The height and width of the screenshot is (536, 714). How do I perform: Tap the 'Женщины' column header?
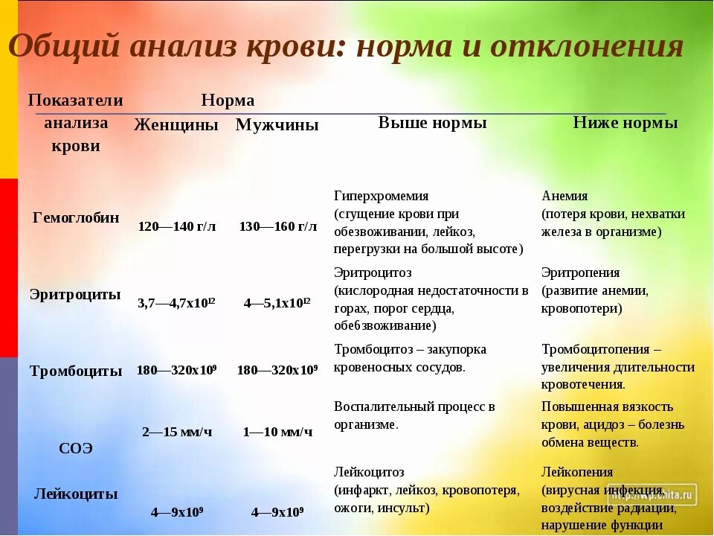pos(176,125)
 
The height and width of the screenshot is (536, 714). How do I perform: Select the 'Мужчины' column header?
pos(277,125)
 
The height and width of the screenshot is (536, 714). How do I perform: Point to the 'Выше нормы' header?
pos(432,123)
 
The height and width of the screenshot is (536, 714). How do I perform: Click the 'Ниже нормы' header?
pos(625,123)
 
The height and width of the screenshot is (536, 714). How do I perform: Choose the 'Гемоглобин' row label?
pos(76,218)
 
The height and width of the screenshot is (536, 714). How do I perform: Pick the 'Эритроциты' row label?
pos(75,294)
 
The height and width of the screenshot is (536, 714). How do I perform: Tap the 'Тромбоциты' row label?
pos(76,371)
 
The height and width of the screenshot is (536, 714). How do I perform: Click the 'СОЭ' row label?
pos(76,448)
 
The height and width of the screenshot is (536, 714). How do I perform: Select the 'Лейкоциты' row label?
pos(76,493)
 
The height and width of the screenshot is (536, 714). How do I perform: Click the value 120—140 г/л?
pos(177,226)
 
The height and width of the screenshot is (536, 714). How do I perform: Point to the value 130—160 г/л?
pos(277,226)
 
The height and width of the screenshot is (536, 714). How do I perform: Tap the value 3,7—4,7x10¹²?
pos(176,303)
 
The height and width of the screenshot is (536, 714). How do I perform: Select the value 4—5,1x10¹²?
pos(277,303)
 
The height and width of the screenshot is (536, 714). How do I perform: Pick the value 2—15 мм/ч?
pos(176,432)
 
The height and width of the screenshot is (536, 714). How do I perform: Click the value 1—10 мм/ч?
pos(277,432)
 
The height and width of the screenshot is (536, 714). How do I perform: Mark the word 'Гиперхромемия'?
pos(382,196)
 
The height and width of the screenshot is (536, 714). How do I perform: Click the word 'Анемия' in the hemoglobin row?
pos(565,196)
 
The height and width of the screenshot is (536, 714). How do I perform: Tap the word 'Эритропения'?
pos(580,272)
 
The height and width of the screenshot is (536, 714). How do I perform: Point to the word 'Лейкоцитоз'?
pos(369,472)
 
